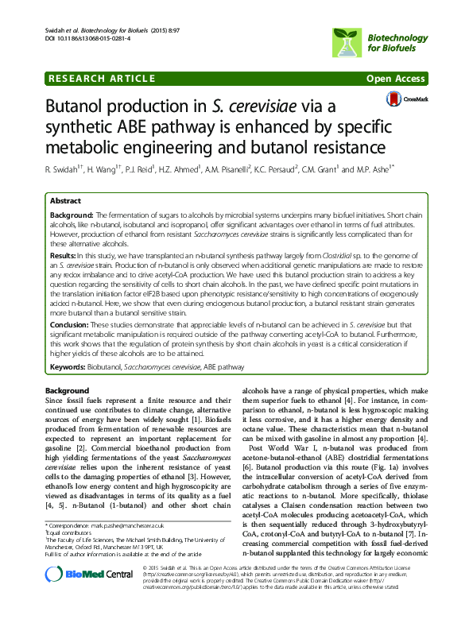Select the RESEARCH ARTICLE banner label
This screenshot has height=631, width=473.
coord(100,78)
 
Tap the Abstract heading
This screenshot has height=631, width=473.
coord(65,202)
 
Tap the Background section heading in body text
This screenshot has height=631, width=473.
coord(67,390)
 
